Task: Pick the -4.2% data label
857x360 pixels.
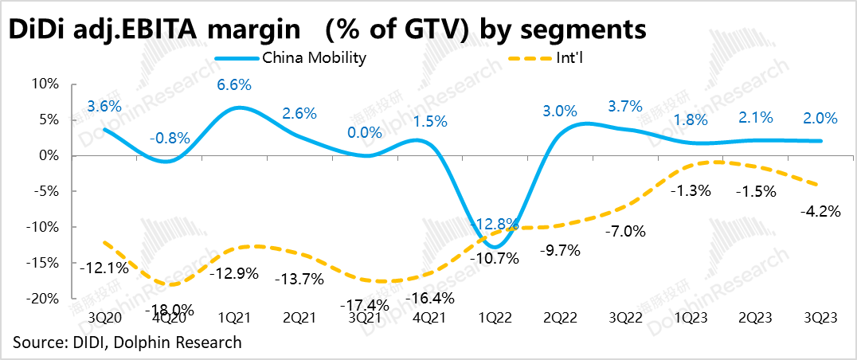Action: (x=814, y=213)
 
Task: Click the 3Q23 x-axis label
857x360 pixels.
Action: (x=820, y=317)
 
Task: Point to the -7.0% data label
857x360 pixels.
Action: (x=624, y=232)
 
